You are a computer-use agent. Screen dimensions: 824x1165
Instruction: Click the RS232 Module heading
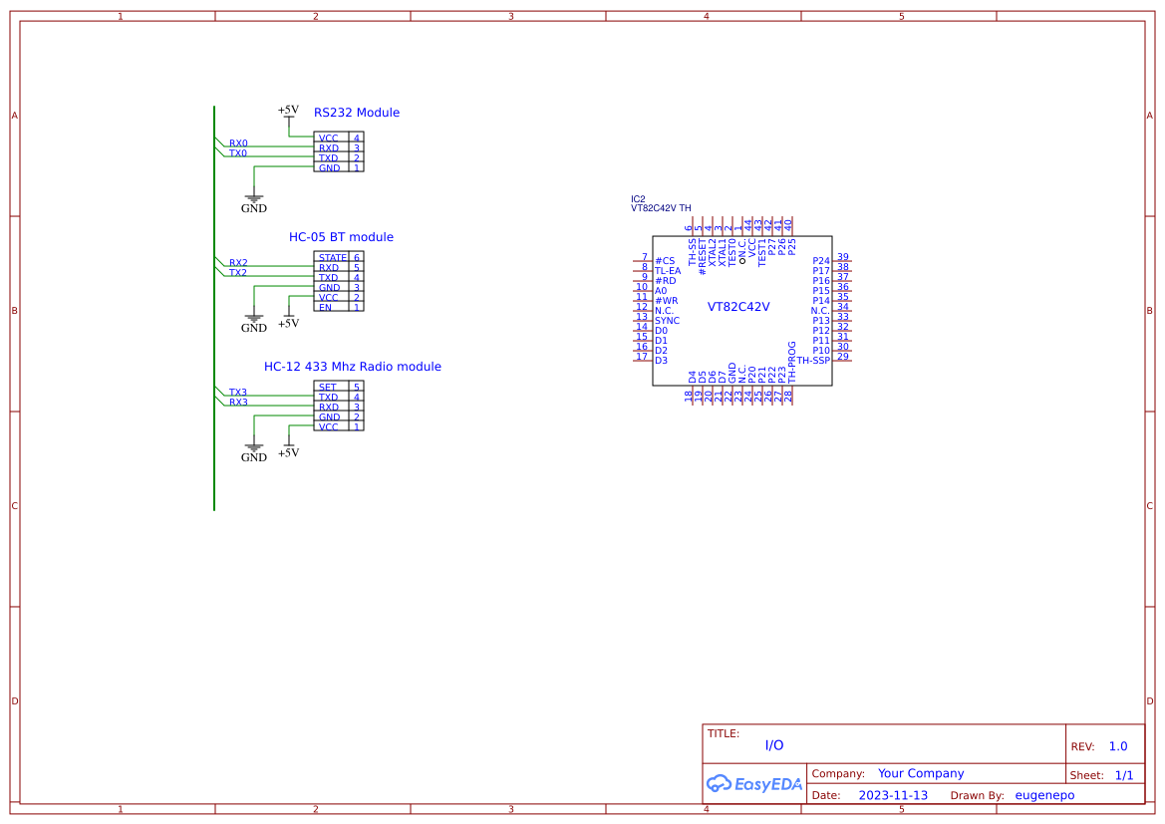[356, 113]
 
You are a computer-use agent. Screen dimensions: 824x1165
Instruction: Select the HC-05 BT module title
[341, 237]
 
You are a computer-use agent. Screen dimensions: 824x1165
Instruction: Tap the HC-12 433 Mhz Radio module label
[352, 367]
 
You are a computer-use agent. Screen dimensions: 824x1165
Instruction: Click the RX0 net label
[238, 143]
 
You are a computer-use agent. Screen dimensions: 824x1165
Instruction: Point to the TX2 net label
[238, 273]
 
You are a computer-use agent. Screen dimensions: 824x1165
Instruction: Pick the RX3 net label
[238, 403]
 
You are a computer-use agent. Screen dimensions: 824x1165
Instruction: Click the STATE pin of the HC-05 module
[332, 258]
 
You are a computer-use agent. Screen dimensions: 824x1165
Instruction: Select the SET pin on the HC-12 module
[327, 387]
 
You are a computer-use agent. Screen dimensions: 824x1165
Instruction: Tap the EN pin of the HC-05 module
[325, 308]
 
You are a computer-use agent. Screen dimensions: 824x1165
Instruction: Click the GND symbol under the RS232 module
[254, 202]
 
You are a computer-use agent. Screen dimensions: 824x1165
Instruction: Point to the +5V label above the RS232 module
[287, 111]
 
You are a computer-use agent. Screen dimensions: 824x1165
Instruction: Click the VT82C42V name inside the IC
[738, 307]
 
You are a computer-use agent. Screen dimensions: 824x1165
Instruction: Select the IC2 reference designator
[638, 199]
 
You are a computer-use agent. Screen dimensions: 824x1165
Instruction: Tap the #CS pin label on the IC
[665, 261]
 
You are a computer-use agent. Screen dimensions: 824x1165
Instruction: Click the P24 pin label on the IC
[821, 261]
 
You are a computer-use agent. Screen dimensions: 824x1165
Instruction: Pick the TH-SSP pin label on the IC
[813, 361]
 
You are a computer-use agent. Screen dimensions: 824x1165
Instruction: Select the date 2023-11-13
[893, 795]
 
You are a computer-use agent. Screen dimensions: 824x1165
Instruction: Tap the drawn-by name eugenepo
[1044, 795]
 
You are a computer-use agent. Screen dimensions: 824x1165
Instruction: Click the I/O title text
[774, 745]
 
